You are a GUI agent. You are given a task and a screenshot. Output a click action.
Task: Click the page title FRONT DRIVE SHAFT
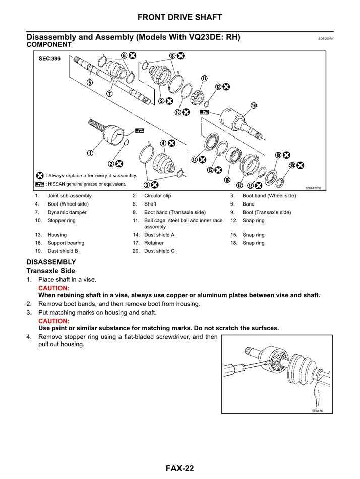tap(179, 17)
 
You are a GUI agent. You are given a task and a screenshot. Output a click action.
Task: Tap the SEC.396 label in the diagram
tap(49, 59)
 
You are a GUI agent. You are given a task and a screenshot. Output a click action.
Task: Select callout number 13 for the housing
tap(254, 105)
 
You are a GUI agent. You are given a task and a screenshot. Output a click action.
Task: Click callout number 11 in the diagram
tap(204, 78)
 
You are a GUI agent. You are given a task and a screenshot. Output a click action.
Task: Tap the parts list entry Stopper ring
tap(61, 220)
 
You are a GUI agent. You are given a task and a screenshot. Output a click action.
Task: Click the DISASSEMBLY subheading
tap(51, 262)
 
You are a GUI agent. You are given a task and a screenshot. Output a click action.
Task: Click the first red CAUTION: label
tap(53, 288)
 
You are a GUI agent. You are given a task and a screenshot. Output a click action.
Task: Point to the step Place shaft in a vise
tap(67, 279)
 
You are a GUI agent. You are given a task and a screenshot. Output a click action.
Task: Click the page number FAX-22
tap(179, 469)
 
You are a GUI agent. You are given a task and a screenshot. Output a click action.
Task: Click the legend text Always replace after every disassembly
tap(92, 175)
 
